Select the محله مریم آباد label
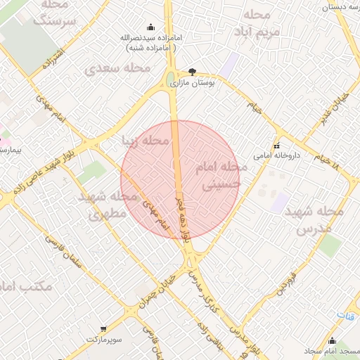tap(259, 23)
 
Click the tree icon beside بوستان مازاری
tap(193, 72)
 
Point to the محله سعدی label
tap(117, 69)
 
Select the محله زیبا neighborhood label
tap(146, 141)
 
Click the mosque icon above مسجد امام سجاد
tap(332, 341)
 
